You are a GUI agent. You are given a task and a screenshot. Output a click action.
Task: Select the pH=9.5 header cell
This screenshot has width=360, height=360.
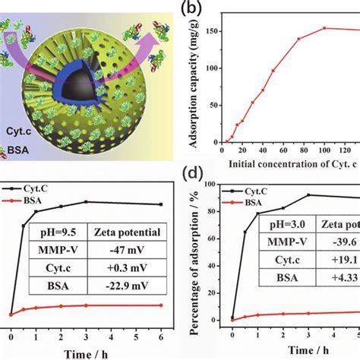[57, 228]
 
